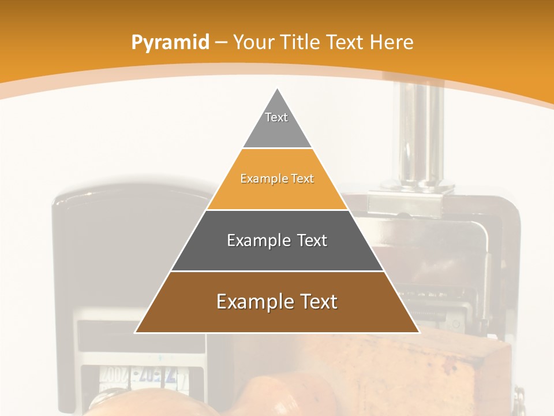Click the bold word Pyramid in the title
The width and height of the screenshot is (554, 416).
click(170, 42)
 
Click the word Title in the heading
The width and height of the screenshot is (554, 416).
click(300, 42)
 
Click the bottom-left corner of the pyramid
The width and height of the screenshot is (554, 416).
click(136, 332)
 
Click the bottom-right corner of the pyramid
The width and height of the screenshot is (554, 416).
click(418, 332)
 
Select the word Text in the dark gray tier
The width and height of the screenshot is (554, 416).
click(312, 240)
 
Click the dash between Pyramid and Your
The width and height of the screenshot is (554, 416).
click(221, 42)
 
